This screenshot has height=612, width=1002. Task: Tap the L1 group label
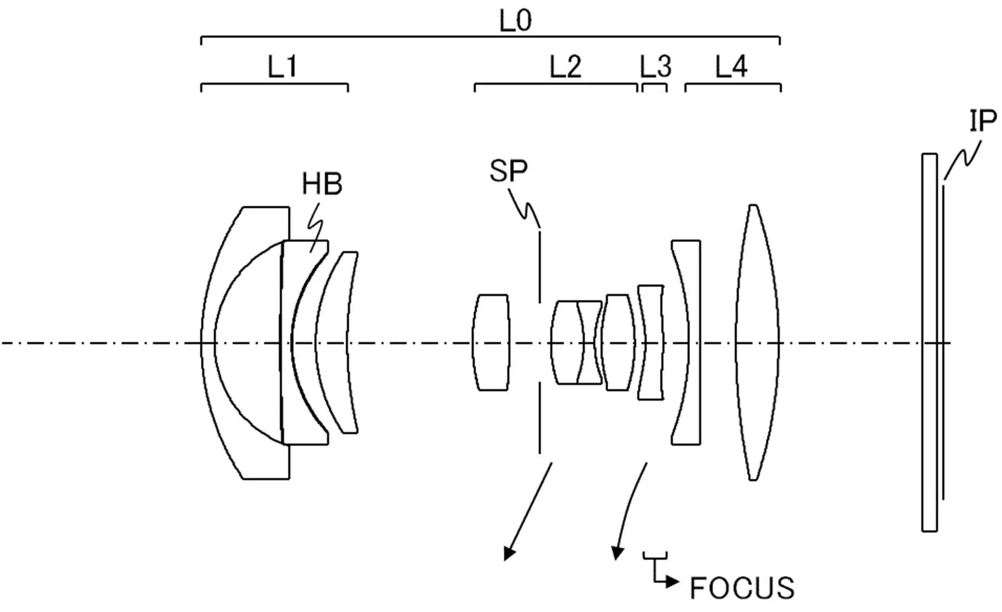click(283, 68)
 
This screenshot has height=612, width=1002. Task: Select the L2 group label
click(566, 68)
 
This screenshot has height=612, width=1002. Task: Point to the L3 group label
click(656, 68)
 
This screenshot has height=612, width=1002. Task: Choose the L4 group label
click(731, 68)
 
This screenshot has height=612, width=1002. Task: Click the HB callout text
click(322, 184)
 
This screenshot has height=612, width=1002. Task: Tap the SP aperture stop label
click(508, 171)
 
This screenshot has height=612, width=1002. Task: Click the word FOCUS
click(742, 588)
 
